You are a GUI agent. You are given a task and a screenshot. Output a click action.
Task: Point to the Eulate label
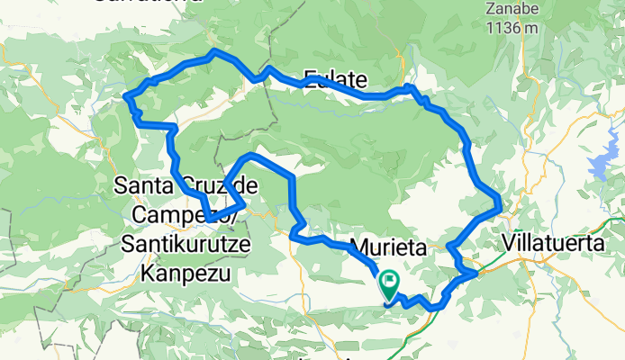click(x=334, y=77)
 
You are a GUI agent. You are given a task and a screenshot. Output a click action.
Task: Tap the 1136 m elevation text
click(x=513, y=28)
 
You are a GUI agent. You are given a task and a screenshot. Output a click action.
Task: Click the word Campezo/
click(x=185, y=215)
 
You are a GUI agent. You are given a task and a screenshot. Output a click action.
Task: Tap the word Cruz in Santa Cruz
click(x=211, y=188)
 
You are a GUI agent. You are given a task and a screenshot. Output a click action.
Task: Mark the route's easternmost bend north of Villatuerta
click(x=500, y=206)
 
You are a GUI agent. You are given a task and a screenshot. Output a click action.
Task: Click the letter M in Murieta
click(x=358, y=247)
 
